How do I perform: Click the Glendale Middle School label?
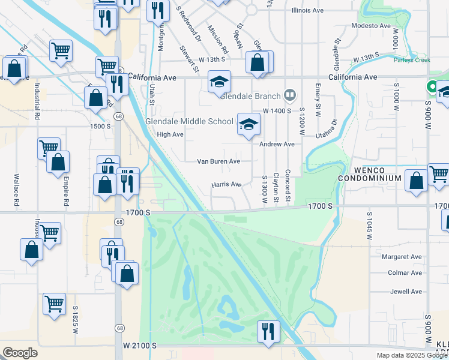(x=189, y=121)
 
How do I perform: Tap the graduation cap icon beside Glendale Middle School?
(x=248, y=124)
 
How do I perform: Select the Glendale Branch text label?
(x=251, y=96)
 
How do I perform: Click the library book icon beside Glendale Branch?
(x=291, y=95)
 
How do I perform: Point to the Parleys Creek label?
(x=412, y=59)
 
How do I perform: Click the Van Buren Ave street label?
(x=218, y=161)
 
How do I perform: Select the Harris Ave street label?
(x=226, y=185)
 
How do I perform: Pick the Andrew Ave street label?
(x=277, y=144)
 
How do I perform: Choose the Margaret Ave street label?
(x=402, y=257)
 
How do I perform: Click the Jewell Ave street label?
(x=406, y=292)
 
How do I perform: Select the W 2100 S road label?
(x=140, y=346)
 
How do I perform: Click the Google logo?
(x=20, y=353)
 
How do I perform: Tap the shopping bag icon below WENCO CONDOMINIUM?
(x=416, y=181)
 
